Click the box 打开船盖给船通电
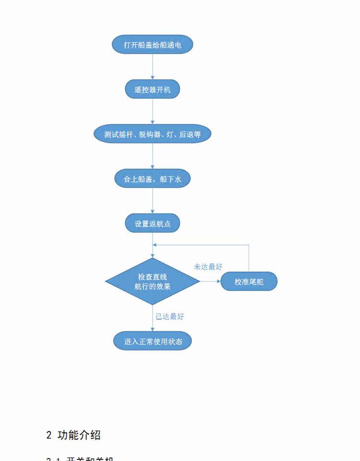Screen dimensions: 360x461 (x=153, y=44)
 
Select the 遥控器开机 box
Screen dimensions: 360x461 (x=153, y=89)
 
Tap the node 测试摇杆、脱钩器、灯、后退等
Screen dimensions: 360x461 (x=153, y=134)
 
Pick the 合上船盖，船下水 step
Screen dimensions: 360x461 (x=153, y=179)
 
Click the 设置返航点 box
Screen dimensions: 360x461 (x=153, y=224)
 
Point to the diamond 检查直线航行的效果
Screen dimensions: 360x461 (x=153, y=281)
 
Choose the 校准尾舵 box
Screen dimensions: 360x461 (x=249, y=282)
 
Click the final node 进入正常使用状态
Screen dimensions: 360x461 (x=153, y=341)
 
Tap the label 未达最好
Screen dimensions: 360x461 (x=208, y=267)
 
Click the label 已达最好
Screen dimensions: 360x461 (x=169, y=316)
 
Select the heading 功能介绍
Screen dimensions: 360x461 (x=79, y=435)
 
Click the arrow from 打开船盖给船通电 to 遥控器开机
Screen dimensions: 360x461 (x=153, y=67)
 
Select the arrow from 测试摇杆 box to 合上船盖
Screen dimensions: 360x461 (x=153, y=157)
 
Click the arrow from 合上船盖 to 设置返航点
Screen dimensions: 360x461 (x=153, y=202)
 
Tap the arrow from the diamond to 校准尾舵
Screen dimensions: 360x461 (x=210, y=281)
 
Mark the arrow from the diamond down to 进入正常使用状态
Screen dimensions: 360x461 (x=153, y=318)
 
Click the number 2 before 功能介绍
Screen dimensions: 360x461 (x=49, y=435)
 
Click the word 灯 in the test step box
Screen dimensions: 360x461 (x=169, y=135)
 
